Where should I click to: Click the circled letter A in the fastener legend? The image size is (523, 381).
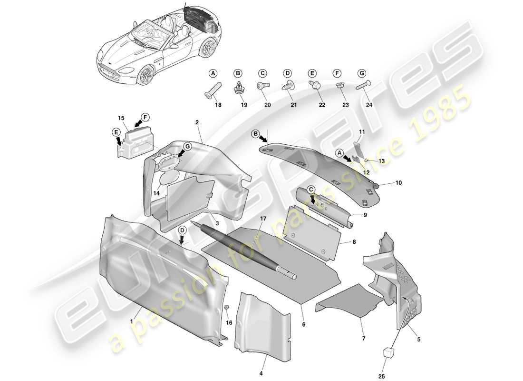coord(213,73)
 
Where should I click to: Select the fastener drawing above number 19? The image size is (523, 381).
coord(238,87)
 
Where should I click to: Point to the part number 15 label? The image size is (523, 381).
coord(121,117)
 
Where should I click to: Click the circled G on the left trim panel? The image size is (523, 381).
coord(187,147)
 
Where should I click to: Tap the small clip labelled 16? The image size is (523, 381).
coord(227,308)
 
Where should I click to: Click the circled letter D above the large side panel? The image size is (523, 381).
coord(182,230)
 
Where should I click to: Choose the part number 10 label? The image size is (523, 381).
coord(398,182)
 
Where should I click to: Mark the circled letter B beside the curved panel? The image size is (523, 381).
coord(255,135)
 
